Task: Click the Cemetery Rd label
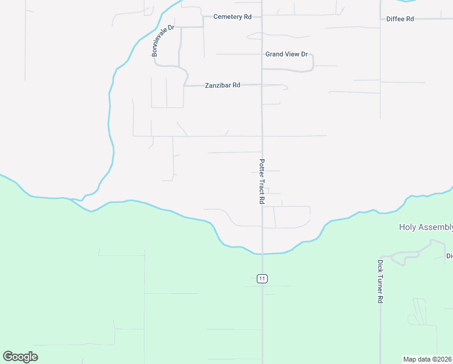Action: [x=232, y=17]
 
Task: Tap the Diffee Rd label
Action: [x=400, y=19]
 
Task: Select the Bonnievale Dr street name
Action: [x=163, y=41]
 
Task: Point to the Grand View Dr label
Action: [x=286, y=54]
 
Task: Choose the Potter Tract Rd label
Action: [x=262, y=181]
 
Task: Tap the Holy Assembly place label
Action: [x=426, y=227]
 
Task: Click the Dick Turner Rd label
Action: [x=380, y=281]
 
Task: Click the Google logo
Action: [x=20, y=356]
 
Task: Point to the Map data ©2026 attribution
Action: [x=428, y=359]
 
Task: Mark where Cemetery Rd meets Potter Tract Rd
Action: [x=262, y=16]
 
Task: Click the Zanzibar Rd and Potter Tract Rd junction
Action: [x=262, y=86]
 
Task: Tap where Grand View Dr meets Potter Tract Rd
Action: [x=262, y=54]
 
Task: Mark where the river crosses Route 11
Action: [x=262, y=253]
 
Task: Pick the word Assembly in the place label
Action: [x=435, y=227]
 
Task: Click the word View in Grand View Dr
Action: [x=293, y=54]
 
